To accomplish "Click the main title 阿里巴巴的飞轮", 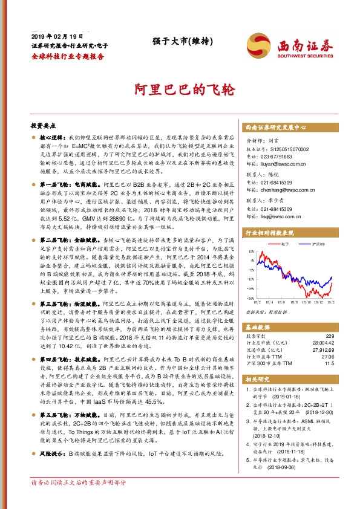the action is click(180, 89).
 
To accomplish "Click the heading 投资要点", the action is click(43, 126).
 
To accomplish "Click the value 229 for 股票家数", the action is click(330, 336).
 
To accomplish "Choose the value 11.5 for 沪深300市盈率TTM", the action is click(329, 364).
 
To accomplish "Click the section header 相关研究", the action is click(260, 379).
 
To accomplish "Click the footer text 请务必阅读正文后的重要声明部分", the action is click(79, 499).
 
